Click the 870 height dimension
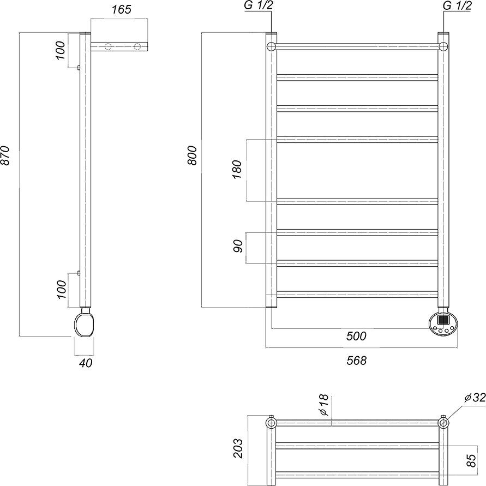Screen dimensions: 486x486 (6, 155)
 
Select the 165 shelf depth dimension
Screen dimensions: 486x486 (122, 10)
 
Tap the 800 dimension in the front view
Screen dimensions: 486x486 (193, 155)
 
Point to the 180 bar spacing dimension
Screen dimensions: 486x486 (237, 169)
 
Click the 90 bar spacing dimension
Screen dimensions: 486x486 (238, 246)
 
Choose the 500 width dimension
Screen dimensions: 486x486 (356, 336)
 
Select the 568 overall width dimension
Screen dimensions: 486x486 (356, 361)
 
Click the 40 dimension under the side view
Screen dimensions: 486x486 (86, 363)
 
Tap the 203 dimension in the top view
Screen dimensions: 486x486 (238, 448)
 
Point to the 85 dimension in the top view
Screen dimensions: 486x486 (471, 460)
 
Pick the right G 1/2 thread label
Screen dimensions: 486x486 (458, 5)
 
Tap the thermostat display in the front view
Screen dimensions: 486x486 (443, 320)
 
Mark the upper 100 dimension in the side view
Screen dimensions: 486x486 (61, 50)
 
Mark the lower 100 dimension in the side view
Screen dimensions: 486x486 (62, 290)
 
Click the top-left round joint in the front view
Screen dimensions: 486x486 (271, 46)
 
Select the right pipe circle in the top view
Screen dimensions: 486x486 (443, 423)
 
